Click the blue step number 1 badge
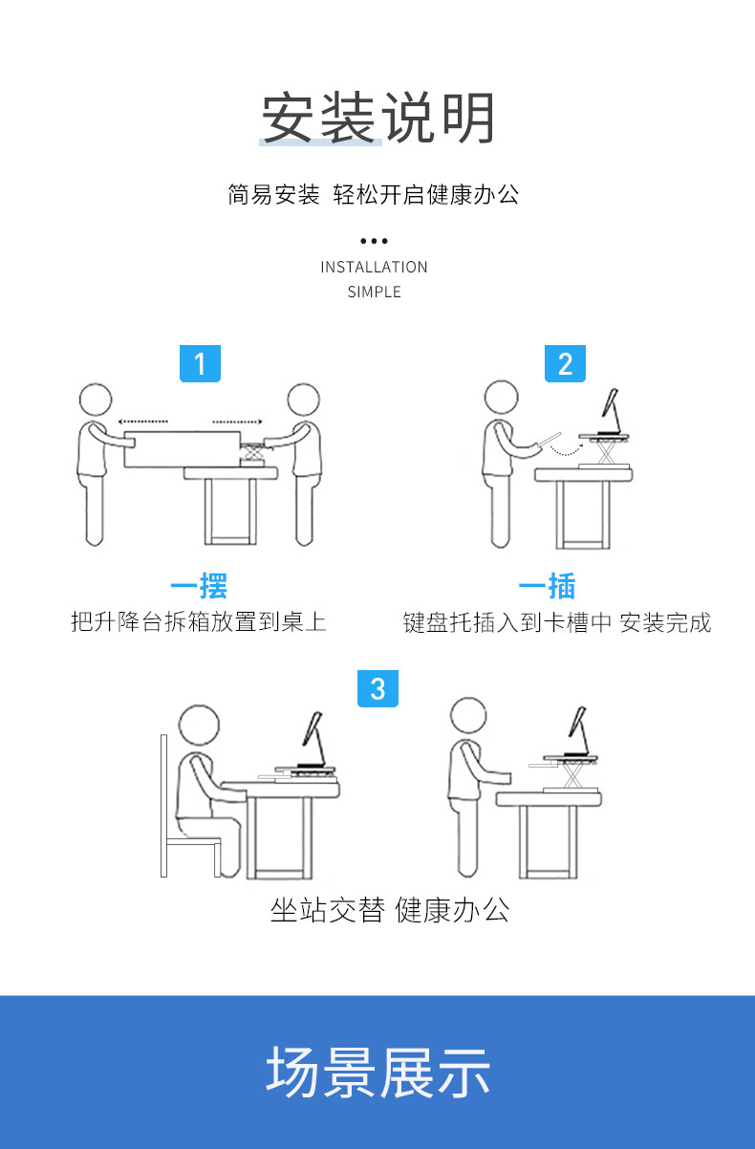coord(200,363)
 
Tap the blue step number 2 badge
coord(565,363)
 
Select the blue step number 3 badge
coord(377,688)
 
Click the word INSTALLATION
coord(374,268)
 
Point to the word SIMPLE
coord(374,292)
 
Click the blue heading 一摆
coord(199,585)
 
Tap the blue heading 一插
coord(548,585)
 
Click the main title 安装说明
coord(377,118)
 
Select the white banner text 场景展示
coord(377,1073)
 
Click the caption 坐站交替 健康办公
coord(390,910)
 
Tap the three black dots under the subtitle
coord(374,241)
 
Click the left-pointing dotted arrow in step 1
coord(142,422)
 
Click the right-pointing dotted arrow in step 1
coord(237,422)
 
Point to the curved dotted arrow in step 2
coord(566,452)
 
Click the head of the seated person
coord(199,725)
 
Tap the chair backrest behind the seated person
coord(164,805)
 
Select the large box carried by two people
coord(183,449)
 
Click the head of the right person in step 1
coord(304,400)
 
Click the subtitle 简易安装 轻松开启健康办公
coord(374,194)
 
